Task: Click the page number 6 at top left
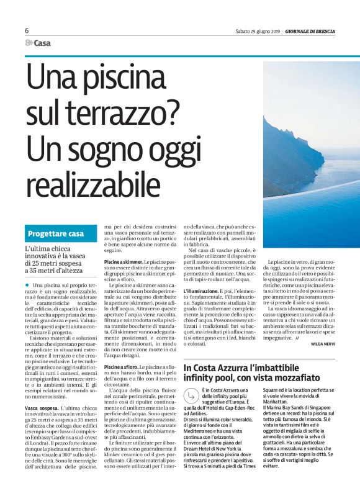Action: coord(27,30)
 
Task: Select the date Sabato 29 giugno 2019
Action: coord(258,30)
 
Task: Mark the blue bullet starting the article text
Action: coord(31,285)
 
